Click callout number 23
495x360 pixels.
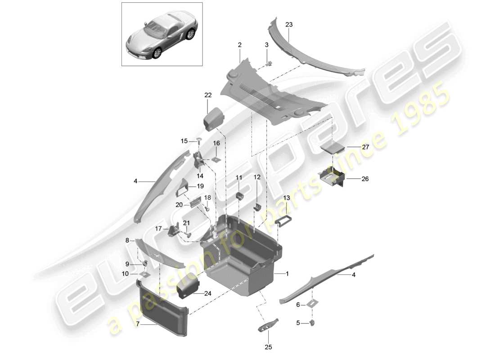[289, 25]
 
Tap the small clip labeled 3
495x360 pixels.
[269, 63]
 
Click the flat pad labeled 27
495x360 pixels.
[333, 148]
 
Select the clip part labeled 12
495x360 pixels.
[258, 206]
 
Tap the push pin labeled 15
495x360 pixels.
[198, 142]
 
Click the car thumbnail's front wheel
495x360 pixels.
[157, 53]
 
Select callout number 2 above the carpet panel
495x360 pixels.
[239, 45]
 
